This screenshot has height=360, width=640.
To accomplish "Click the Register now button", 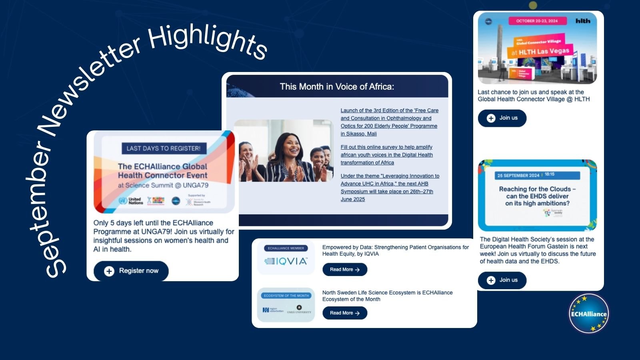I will click(131, 271).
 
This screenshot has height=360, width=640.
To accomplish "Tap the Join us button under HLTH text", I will click(502, 118).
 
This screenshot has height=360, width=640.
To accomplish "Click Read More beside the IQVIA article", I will click(344, 270).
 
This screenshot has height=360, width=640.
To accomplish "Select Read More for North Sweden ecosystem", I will click(344, 313).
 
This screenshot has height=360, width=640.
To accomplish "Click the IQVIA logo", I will click(286, 261).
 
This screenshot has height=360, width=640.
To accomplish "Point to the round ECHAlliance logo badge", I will click(588, 314).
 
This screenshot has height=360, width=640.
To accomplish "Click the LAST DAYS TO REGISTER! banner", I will click(164, 148).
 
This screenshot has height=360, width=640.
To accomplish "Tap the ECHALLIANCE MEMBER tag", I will click(286, 248).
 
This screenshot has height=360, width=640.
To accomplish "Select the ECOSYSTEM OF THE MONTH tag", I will click(286, 296).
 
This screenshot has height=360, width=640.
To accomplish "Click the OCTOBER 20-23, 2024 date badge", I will click(536, 21).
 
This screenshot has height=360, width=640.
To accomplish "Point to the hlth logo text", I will click(583, 21).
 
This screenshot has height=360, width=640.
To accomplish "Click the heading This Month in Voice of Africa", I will click(337, 87).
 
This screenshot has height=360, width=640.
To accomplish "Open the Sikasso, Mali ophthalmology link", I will click(389, 122).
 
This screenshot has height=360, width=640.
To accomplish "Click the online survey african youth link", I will click(386, 155).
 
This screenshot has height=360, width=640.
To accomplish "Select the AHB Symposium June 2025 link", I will click(390, 188).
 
